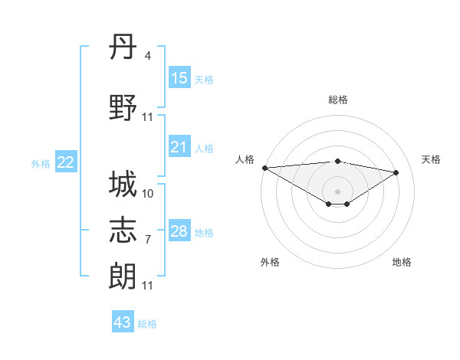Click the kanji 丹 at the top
123,47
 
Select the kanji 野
123,108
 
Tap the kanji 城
123,185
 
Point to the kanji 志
123,229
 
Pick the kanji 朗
123,275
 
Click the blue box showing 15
179,78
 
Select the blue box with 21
179,147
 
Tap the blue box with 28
179,231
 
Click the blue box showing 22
66,162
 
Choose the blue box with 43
123,322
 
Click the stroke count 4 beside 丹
148,55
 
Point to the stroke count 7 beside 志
148,239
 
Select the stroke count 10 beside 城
148,193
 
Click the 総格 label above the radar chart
338,100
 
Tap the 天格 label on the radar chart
432,159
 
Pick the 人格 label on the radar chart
245,159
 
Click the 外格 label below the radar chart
270,263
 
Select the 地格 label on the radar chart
402,263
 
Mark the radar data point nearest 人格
264,168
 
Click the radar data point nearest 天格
396,172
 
